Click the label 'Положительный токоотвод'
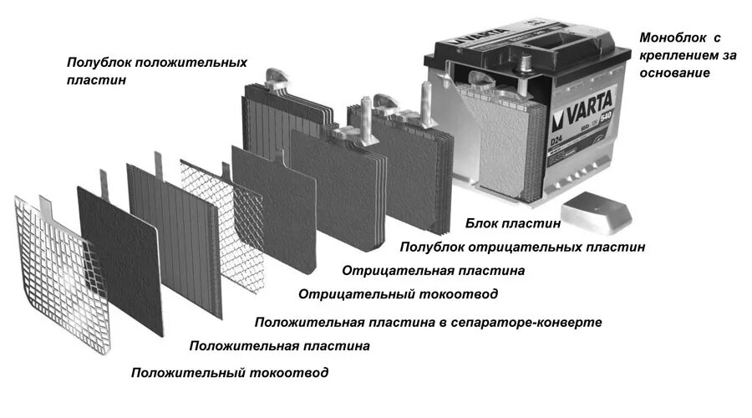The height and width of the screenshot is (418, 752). click(230, 373)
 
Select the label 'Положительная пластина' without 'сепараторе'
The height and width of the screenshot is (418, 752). click(279, 345)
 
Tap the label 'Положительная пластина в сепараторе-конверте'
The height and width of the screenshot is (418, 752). click(428, 322)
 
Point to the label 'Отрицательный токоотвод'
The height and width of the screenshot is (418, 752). click(398, 294)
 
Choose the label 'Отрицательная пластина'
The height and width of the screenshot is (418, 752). click(433, 271)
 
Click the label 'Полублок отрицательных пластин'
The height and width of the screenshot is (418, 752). click(522, 247)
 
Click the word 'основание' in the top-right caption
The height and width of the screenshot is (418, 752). click(674, 73)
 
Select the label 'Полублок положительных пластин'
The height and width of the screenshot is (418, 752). click(157, 70)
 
